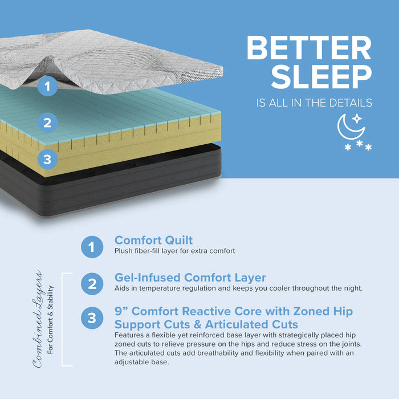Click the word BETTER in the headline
coord(309,50)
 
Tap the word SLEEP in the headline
coord(321,78)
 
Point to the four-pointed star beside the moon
coord(357,119)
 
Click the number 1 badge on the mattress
coord(48,87)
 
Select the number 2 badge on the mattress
coord(47,122)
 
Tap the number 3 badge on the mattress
coord(47,159)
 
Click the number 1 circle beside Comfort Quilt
coord(92,247)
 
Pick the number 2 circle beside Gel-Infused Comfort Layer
coord(92,284)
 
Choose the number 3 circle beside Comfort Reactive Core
coord(92,318)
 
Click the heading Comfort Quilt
coord(154,241)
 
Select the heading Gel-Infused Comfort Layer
coord(190,278)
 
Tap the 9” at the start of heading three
coord(121,311)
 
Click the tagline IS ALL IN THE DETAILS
coord(315,103)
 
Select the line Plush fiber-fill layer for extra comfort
coord(174,251)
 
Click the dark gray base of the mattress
coord(114,188)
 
